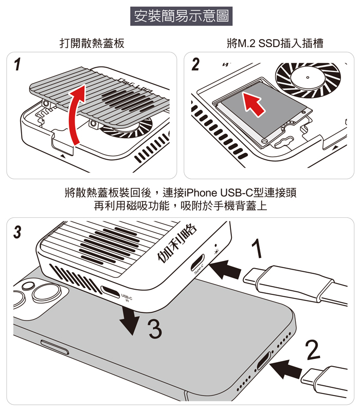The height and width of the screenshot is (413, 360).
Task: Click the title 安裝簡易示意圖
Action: point(180,16)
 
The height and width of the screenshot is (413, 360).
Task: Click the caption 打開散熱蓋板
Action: point(92,43)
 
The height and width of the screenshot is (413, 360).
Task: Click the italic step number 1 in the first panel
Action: point(18,65)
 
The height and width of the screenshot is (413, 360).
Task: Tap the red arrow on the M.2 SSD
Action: point(255,103)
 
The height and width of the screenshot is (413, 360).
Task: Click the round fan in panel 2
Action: point(307,78)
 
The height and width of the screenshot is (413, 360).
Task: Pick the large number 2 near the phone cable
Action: point(312,350)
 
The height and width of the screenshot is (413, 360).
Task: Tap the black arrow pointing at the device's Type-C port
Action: point(225,268)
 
